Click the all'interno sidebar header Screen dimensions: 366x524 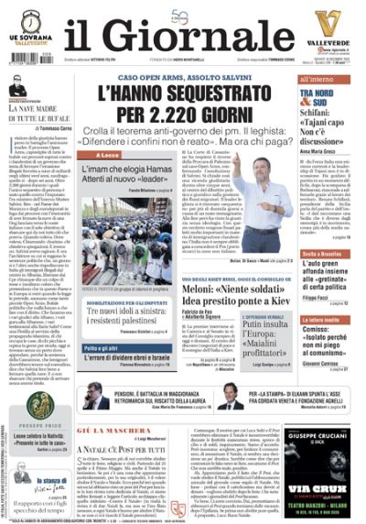[306, 82]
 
